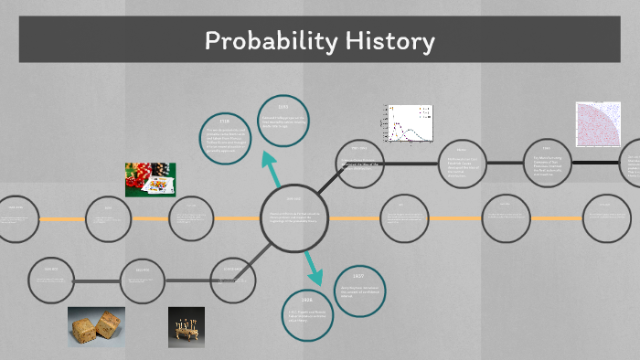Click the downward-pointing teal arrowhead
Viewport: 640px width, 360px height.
point(315,277)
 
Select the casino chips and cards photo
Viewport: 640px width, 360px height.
point(150,180)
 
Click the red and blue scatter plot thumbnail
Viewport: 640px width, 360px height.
point(598,124)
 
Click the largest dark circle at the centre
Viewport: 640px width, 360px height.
point(293,218)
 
